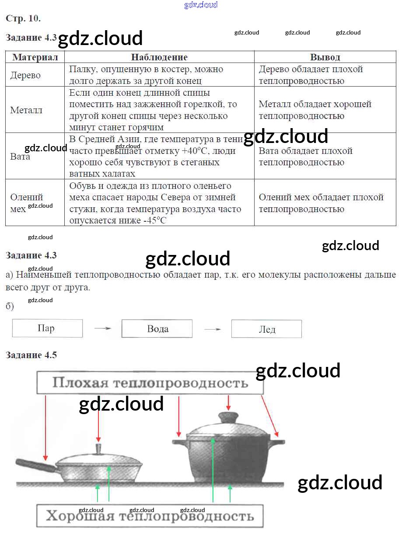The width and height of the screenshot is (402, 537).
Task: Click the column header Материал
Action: click(35, 57)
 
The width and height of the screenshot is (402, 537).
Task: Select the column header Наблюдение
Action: click(159, 57)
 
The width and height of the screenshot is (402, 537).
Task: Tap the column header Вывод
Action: click(325, 57)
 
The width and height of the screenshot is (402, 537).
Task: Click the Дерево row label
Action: click(25, 75)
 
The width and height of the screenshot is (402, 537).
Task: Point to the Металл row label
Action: click(26, 110)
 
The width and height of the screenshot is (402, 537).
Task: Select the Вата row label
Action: click(20, 156)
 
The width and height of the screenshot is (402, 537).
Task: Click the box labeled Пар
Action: click(48, 328)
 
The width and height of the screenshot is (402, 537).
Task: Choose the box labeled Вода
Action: click(157, 328)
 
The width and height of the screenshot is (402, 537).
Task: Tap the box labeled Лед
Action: click(266, 329)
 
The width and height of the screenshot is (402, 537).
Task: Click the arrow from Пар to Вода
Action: click(103, 328)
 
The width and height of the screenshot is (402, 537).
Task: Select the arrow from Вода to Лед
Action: click(213, 329)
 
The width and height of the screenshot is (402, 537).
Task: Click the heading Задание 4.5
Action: click(31, 355)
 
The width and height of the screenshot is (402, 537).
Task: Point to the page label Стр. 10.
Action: click(23, 18)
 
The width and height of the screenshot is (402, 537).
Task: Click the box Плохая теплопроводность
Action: click(150, 383)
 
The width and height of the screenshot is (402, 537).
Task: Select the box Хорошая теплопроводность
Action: click(150, 516)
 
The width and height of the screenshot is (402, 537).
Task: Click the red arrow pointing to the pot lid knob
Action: click(228, 403)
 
